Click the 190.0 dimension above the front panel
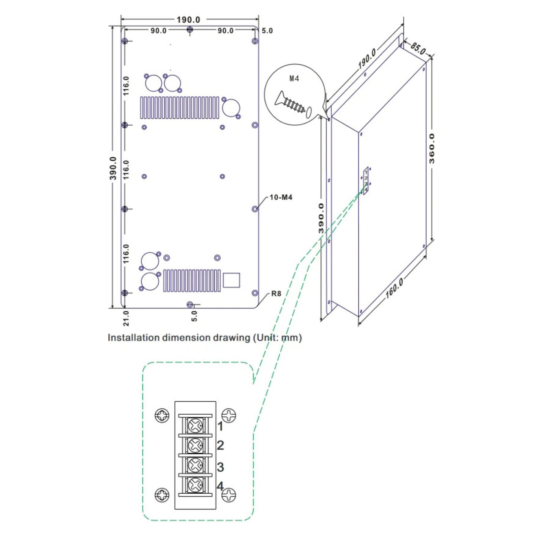click(188, 20)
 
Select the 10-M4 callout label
click(281, 197)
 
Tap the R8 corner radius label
click(276, 294)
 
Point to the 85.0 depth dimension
click(418, 49)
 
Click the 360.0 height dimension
click(432, 149)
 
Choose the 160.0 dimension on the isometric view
click(394, 289)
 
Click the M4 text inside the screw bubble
click(294, 78)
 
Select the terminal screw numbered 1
click(195, 425)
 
